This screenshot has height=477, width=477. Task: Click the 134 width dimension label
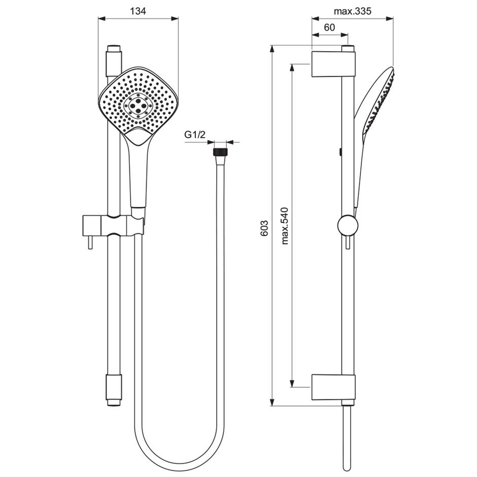click(138, 11)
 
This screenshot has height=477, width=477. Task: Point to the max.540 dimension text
click(285, 226)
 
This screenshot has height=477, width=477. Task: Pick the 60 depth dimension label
click(329, 28)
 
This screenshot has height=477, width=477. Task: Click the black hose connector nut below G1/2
click(220, 152)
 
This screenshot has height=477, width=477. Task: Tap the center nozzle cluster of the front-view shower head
click(139, 105)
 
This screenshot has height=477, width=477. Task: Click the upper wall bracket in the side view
click(333, 64)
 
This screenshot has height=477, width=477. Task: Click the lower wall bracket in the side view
click(333, 387)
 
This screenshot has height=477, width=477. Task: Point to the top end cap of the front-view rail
click(114, 52)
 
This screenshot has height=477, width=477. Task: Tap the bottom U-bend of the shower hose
click(178, 463)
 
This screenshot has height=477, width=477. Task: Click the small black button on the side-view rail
click(341, 151)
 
